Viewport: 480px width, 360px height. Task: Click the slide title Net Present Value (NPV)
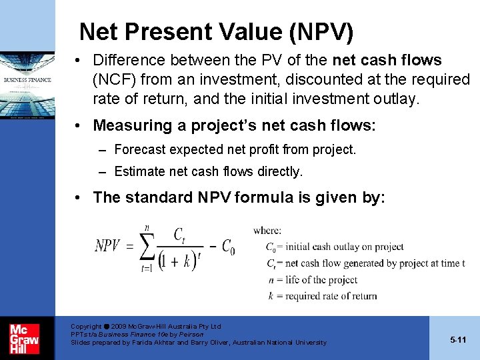(216, 31)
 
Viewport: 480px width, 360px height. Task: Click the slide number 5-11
(458, 339)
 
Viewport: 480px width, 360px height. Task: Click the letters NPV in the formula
(107, 246)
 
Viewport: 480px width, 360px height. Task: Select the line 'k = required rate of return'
(321, 296)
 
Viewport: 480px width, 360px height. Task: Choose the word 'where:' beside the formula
(267, 231)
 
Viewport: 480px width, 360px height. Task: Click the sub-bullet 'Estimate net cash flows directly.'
(208, 171)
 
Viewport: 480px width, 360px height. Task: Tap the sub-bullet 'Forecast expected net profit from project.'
(235, 149)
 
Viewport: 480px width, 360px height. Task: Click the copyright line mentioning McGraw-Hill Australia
(145, 327)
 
